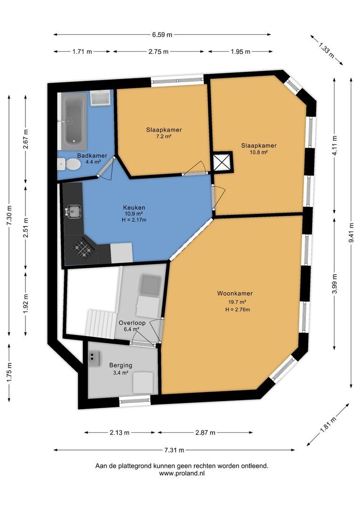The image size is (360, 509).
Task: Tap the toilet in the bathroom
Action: (70, 164)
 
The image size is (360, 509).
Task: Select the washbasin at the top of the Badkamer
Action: (100, 98)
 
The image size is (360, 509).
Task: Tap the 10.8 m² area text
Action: (259, 152)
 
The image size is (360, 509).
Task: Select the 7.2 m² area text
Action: (164, 137)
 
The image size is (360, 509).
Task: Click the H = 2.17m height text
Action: (134, 220)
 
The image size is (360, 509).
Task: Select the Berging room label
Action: (121, 365)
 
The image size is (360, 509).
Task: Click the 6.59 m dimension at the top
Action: (162, 34)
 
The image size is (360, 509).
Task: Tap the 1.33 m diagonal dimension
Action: (326, 49)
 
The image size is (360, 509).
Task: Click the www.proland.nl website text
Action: (181, 473)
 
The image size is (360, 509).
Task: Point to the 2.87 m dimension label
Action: (205, 433)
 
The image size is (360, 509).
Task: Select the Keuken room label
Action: (134, 207)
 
